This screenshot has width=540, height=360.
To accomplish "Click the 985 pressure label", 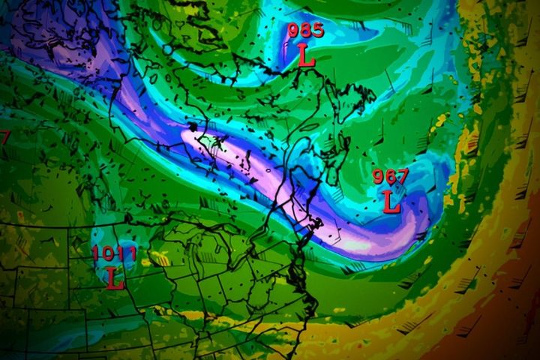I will pyautogui.click(x=306, y=31).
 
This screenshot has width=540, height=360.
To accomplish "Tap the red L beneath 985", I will pyautogui.click(x=306, y=55).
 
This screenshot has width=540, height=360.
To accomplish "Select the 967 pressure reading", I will pyautogui.click(x=391, y=177).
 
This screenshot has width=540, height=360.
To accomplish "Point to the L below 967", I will pyautogui.click(x=391, y=201).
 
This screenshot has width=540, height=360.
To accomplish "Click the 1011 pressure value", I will pyautogui.click(x=114, y=253).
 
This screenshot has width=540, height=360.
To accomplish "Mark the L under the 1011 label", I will pyautogui.click(x=114, y=278).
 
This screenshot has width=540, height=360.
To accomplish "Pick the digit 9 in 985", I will pyautogui.click(x=294, y=31).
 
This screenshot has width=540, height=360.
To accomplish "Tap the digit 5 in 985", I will pyautogui.click(x=318, y=31).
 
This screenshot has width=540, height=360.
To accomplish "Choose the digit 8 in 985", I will pyautogui.click(x=306, y=31).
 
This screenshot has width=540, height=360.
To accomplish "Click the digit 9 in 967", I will pyautogui.click(x=379, y=177).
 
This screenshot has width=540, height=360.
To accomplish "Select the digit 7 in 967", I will pyautogui.click(x=403, y=177).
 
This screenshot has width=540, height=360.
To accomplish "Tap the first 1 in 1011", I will pyautogui.click(x=97, y=253).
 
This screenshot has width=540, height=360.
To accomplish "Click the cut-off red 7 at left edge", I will pyautogui.click(x=4, y=138).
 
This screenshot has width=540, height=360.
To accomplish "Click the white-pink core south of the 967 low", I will pyautogui.click(x=352, y=244).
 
